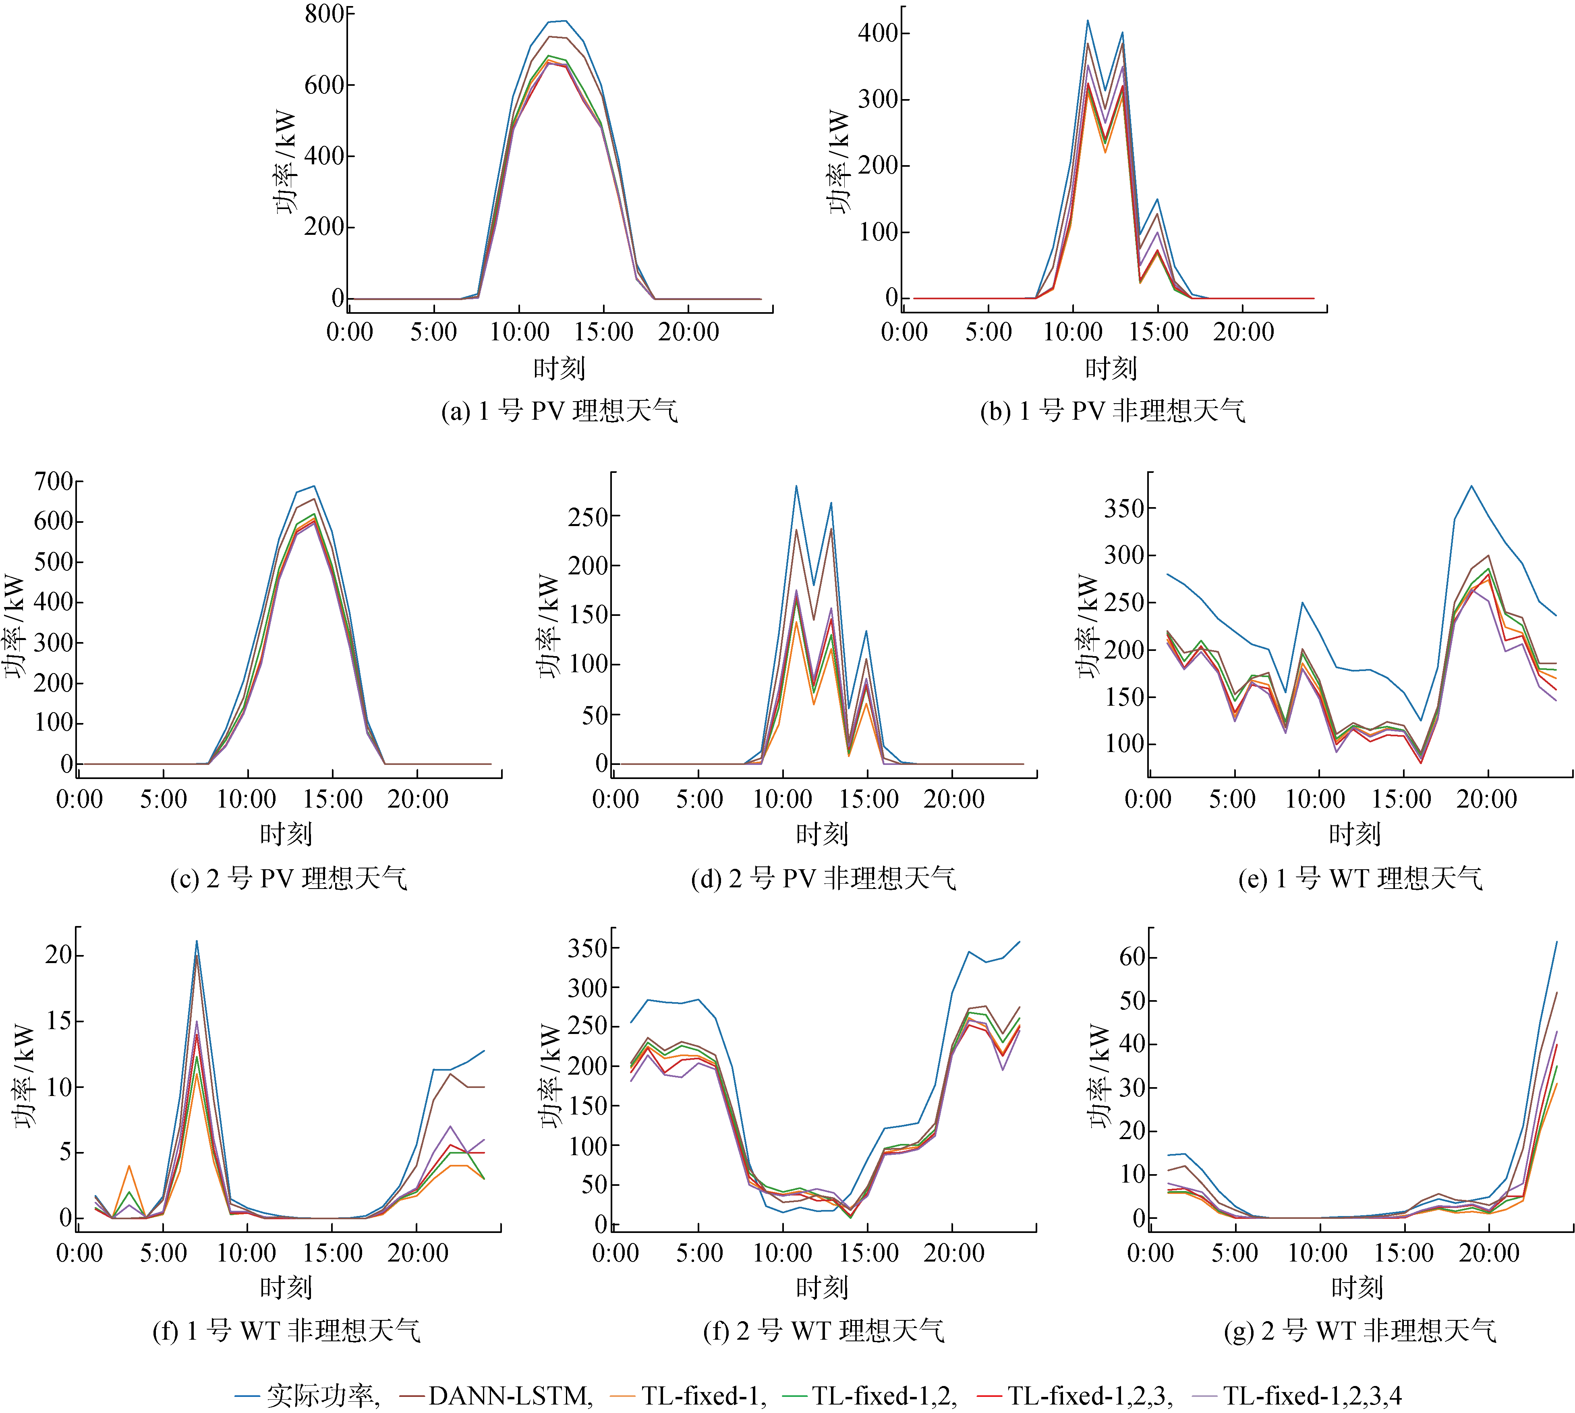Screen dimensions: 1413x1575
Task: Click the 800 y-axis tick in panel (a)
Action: click(x=325, y=14)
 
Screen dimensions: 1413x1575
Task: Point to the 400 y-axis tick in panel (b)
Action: click(x=878, y=33)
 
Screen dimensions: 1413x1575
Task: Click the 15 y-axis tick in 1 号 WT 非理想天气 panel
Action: click(x=59, y=1021)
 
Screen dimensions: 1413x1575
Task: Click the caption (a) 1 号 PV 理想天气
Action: click(x=559, y=411)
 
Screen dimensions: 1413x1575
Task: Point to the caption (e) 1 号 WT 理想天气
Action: click(x=1360, y=878)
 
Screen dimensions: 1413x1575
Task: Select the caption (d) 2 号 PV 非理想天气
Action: click(x=823, y=878)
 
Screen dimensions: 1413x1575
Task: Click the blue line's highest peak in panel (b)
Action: click(x=1088, y=21)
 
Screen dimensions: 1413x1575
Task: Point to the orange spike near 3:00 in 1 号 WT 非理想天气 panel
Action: click(x=129, y=1166)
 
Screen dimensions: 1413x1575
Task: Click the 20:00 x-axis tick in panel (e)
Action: click(x=1486, y=799)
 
